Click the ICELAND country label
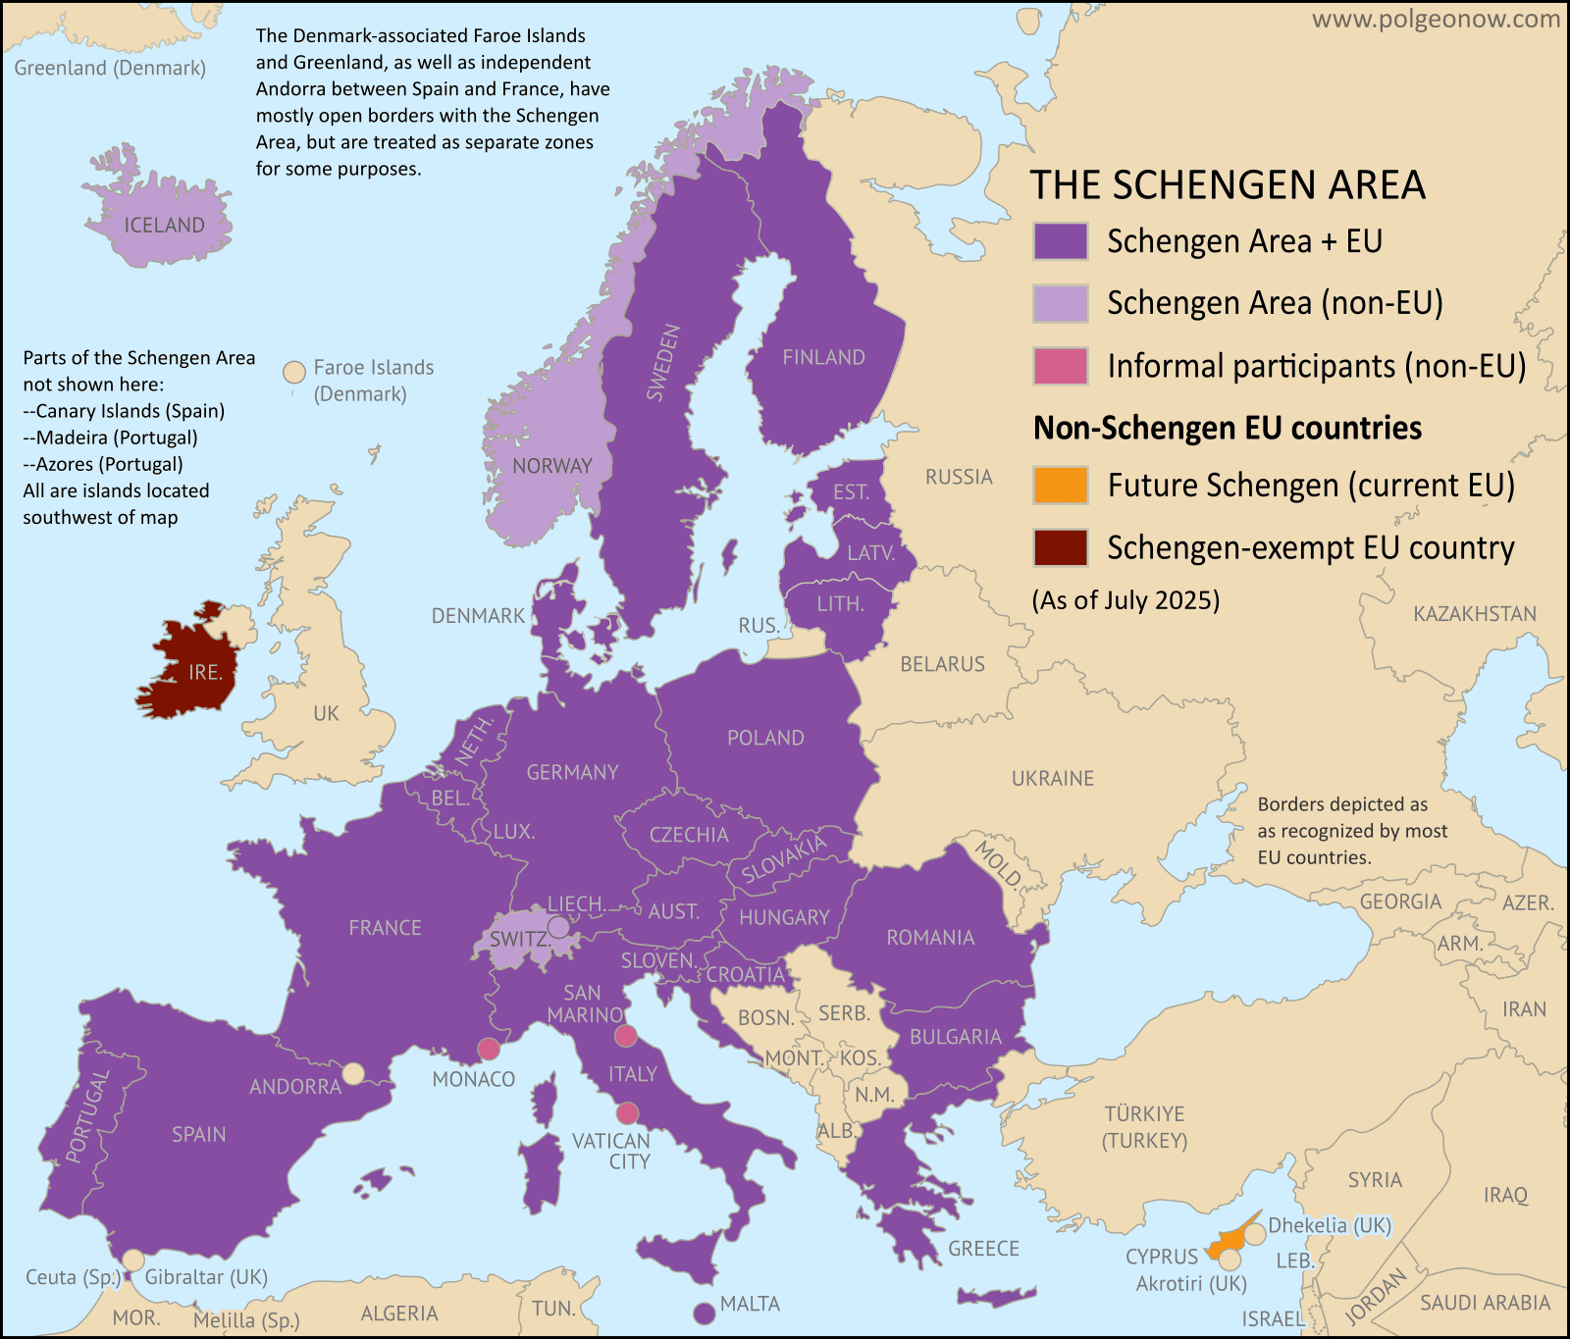[x=164, y=225]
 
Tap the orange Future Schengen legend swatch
[x=1060, y=485]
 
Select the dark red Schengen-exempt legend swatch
[x=1060, y=547]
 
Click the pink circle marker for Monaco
[x=489, y=1049]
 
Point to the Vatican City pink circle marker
[x=627, y=1113]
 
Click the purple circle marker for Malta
[x=704, y=1313]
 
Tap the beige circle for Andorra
[x=352, y=1073]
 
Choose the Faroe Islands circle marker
[x=293, y=373]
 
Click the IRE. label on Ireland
[x=205, y=672]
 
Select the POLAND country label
[x=765, y=738]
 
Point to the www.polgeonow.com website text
[x=1436, y=20]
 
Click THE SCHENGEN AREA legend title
[x=1227, y=185]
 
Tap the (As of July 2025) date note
[x=1125, y=599]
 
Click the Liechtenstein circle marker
[x=558, y=926]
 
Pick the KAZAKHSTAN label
[x=1475, y=614]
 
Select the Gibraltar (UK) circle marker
[x=132, y=1260]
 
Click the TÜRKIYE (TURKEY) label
[x=1144, y=1127]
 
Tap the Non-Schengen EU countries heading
[x=1227, y=428]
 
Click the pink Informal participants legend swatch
[x=1060, y=365]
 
